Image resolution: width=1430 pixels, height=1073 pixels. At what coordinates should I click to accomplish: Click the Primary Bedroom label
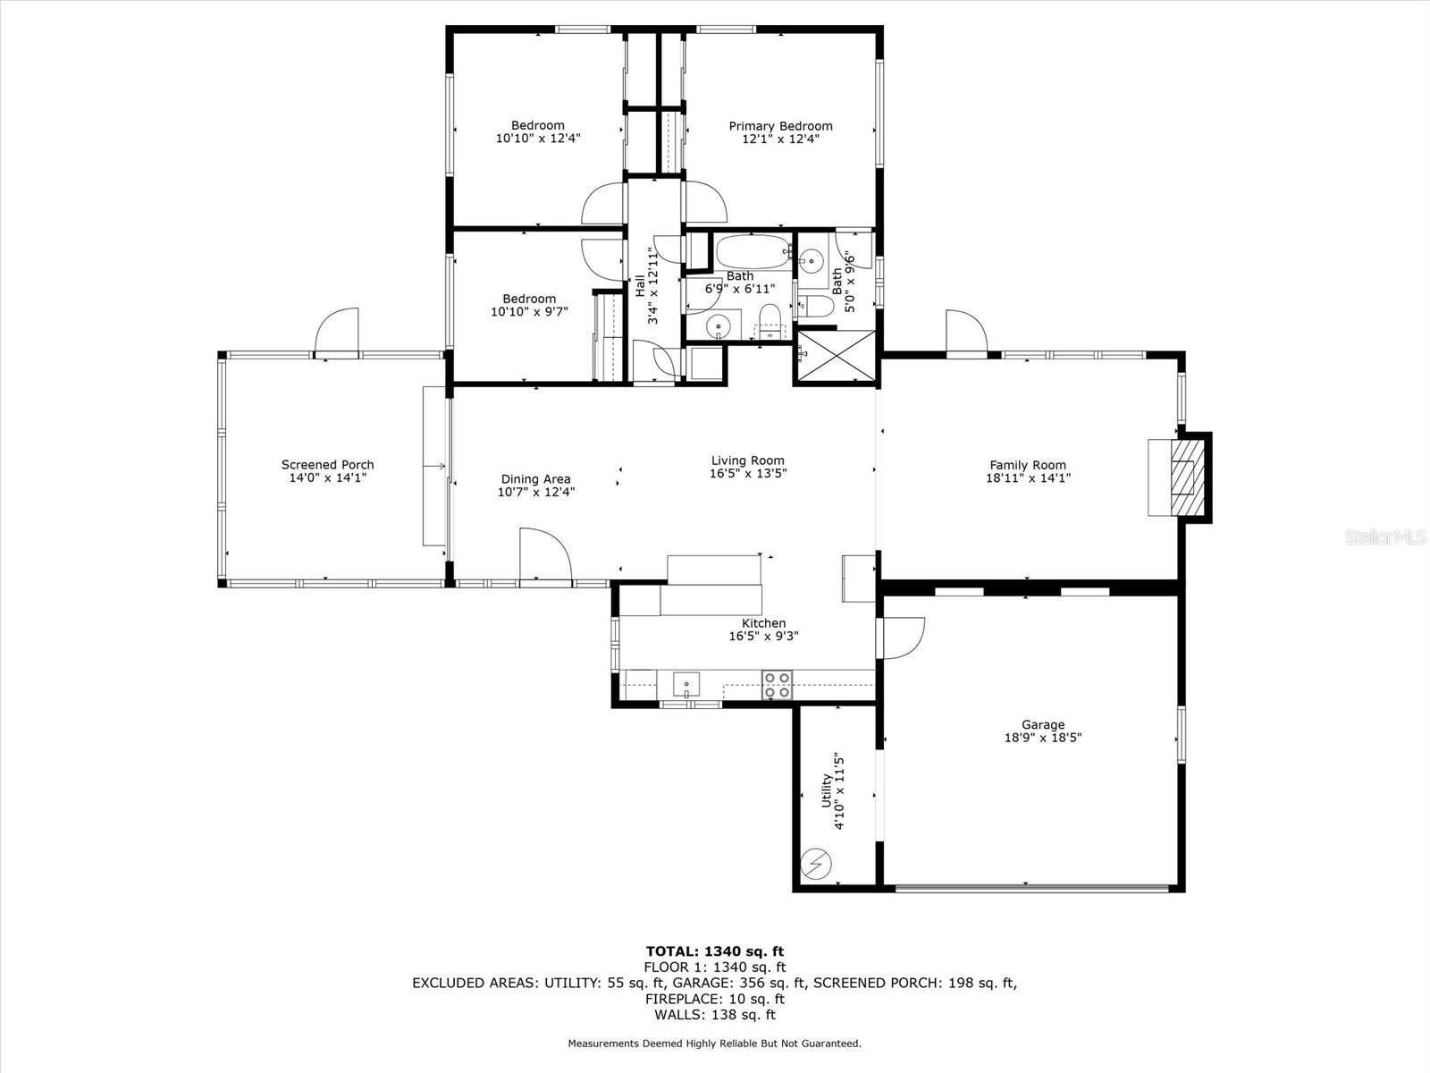(x=780, y=126)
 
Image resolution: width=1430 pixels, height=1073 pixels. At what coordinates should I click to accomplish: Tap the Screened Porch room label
(x=328, y=464)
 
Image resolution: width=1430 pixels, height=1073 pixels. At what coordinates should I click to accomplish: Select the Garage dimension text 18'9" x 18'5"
(x=1042, y=738)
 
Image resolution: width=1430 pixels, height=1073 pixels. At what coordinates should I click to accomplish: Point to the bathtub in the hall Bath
(x=753, y=251)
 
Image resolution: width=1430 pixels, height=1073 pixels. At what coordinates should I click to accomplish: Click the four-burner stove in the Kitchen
(x=778, y=685)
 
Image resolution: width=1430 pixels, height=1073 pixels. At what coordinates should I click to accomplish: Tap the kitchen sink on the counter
(x=686, y=685)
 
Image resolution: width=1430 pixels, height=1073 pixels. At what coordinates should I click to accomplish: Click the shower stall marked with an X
(x=837, y=356)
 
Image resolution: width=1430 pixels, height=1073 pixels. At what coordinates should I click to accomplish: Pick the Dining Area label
(x=535, y=479)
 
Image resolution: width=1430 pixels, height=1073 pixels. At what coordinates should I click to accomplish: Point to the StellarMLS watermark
(x=1385, y=537)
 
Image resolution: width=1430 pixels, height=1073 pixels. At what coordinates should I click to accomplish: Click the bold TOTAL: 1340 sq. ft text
(x=715, y=951)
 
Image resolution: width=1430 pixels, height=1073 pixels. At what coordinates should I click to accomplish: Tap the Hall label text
(x=640, y=285)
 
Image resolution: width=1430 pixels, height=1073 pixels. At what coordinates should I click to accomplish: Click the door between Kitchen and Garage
(x=901, y=638)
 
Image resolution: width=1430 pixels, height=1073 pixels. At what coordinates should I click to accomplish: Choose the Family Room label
(x=1028, y=465)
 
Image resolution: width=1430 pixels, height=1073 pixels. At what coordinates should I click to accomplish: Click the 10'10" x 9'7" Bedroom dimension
(x=529, y=312)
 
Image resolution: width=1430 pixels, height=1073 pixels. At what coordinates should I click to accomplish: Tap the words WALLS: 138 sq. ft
(x=715, y=1014)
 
